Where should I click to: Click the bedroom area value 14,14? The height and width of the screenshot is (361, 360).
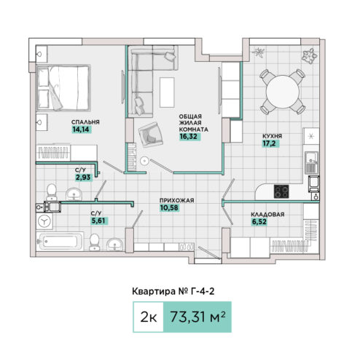tap(81, 130)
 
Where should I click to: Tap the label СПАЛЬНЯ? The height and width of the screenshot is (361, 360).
tap(85, 122)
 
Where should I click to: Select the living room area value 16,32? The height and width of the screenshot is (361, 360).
tap(189, 137)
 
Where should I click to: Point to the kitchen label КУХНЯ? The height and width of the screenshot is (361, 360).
tap(273, 136)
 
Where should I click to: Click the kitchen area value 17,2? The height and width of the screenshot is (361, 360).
tap(270, 143)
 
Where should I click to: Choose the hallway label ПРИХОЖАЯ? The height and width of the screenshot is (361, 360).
tap(176, 200)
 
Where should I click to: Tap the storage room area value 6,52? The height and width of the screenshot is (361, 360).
tap(259, 222)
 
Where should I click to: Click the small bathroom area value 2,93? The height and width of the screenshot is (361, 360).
tap(83, 178)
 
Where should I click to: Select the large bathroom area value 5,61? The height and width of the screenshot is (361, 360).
tap(98, 221)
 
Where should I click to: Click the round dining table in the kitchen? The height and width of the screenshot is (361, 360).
tap(283, 92)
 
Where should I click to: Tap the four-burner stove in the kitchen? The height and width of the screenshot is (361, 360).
tap(281, 191)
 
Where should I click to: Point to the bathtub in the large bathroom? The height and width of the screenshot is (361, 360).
tap(60, 242)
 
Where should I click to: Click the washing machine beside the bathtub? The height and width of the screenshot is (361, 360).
tap(44, 221)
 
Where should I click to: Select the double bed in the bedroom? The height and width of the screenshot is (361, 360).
tap(63, 88)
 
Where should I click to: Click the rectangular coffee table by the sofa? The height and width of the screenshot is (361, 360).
tap(167, 92)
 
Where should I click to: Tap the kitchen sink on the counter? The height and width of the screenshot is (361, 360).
tap(312, 162)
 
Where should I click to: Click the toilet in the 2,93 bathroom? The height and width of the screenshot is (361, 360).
tap(52, 191)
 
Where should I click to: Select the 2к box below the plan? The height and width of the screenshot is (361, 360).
tap(149, 317)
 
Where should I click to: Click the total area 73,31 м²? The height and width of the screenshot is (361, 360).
tap(197, 317)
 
